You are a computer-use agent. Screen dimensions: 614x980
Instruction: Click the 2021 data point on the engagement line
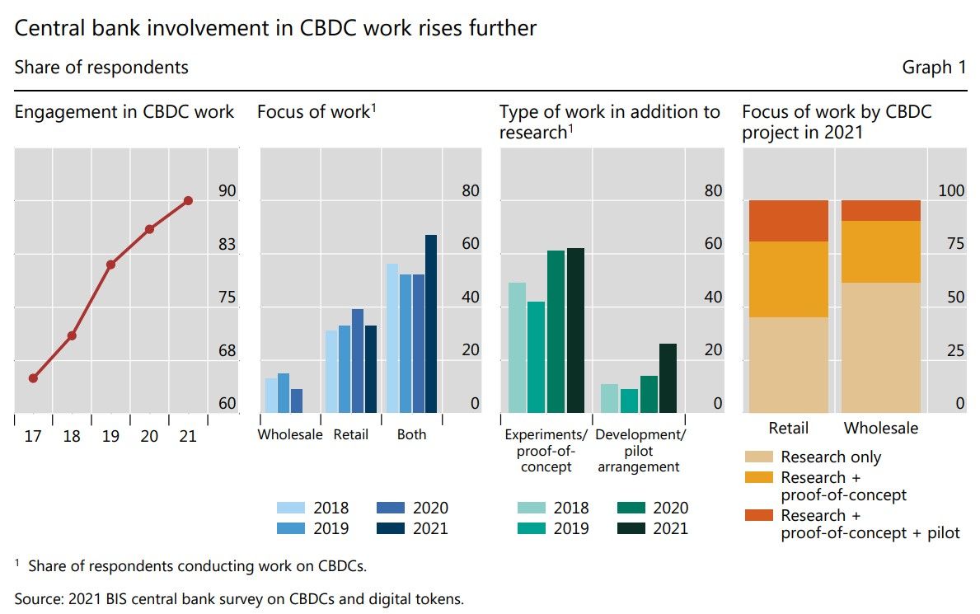point(188,200)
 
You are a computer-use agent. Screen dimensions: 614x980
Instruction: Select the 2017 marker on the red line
point(33,378)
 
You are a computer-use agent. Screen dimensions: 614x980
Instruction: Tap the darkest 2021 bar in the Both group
point(431,323)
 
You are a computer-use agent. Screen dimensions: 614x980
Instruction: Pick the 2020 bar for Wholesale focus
point(297,401)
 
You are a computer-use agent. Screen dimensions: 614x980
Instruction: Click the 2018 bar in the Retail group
point(331,371)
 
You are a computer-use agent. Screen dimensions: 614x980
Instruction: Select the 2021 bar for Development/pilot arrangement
point(668,377)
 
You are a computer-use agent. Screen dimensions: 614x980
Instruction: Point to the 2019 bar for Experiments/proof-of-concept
point(537,357)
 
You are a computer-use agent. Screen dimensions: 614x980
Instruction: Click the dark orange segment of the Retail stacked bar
point(789,220)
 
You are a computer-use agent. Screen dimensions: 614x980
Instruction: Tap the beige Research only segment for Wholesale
point(881,347)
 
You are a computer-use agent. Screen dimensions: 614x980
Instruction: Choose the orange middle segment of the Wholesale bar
point(881,251)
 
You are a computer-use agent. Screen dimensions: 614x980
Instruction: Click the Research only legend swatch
point(758,457)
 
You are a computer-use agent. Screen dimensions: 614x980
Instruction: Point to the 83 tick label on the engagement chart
point(227,245)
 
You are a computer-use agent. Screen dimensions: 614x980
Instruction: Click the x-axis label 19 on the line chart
point(110,437)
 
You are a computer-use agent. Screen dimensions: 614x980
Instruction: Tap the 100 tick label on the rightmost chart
point(952,191)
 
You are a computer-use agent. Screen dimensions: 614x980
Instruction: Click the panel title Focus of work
point(313,112)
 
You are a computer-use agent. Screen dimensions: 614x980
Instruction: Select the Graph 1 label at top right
point(934,68)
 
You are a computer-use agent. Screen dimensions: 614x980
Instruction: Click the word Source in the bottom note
point(39,599)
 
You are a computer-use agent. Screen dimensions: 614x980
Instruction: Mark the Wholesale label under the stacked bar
point(880,429)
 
